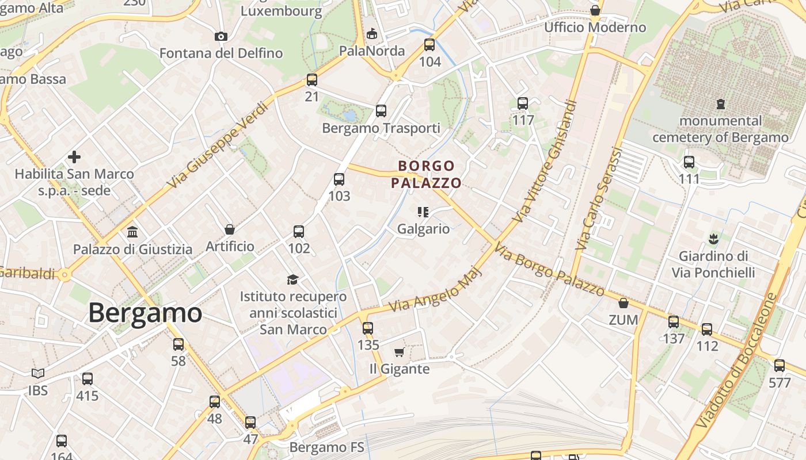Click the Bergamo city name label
[145, 313]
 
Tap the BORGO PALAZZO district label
[427, 174]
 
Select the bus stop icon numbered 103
[339, 179]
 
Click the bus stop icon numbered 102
[299, 232]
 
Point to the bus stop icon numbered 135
[368, 328]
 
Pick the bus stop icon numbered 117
[523, 103]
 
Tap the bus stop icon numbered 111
[689, 162]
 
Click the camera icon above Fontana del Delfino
[220, 37]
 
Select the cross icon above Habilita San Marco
[74, 156]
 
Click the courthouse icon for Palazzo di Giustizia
[132, 232]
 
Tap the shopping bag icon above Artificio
[230, 229]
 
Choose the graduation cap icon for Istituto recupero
[293, 279]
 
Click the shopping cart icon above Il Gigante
[400, 352]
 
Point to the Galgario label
[423, 229]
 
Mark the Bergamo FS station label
[326, 447]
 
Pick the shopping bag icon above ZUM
[623, 303]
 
